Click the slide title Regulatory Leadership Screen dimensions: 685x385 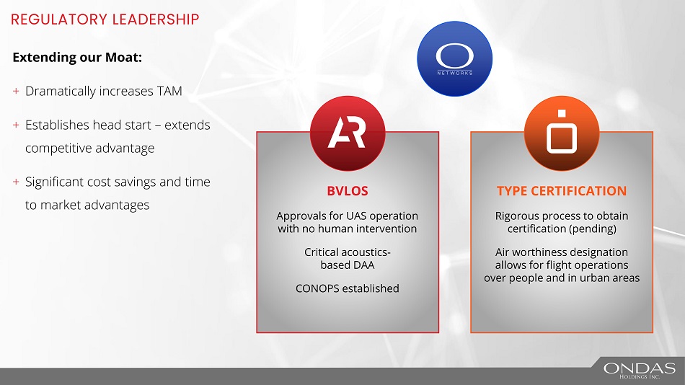pos(105,19)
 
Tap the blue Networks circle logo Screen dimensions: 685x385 pos(455,58)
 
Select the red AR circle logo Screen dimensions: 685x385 pos(348,133)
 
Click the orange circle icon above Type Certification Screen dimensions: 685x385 pos(562,133)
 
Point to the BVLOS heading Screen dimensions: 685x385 pos(348,191)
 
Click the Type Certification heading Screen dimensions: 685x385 pos(562,191)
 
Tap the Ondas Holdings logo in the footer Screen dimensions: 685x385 pos(639,371)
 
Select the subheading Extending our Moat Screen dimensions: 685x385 pos(77,57)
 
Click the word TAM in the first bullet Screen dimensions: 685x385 pos(170,91)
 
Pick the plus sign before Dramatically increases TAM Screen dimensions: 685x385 pos(16,91)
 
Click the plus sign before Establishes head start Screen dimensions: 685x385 pos(16,125)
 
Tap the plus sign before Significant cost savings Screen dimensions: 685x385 pos(16,182)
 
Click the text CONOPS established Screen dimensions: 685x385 pos(348,288)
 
